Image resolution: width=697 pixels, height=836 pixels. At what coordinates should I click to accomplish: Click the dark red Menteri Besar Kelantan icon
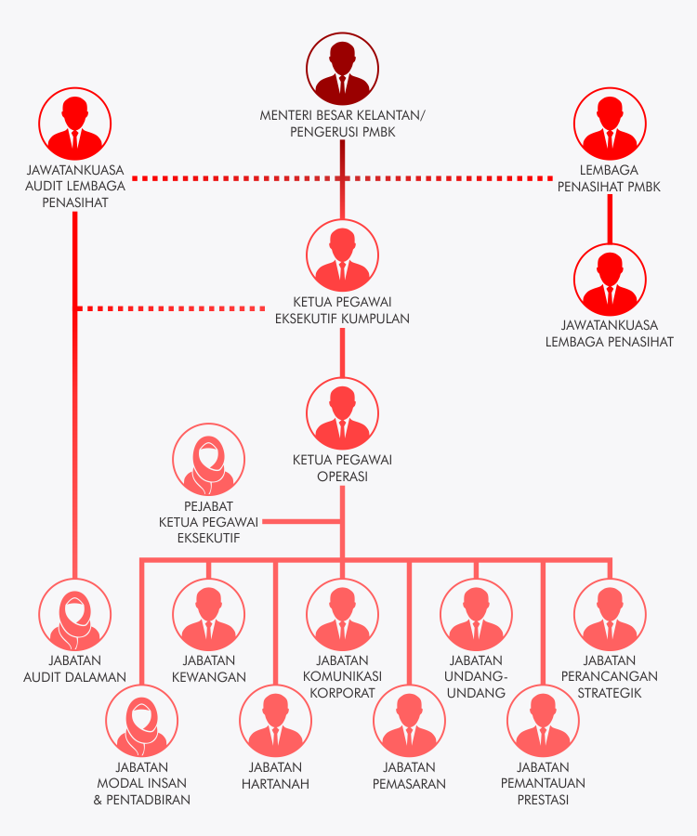tap(342, 69)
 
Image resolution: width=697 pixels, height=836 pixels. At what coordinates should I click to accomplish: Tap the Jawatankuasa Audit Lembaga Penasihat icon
tap(74, 124)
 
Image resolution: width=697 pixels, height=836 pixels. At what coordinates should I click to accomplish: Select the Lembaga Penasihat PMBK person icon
tap(610, 124)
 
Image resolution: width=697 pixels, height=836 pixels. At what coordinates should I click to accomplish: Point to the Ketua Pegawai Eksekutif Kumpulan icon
tap(342, 255)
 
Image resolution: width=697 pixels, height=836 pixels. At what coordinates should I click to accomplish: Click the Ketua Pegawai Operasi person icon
tap(342, 413)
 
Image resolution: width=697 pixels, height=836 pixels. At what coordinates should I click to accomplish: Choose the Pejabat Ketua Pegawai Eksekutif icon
tap(208, 460)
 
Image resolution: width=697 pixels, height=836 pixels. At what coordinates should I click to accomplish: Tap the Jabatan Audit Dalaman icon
tap(74, 615)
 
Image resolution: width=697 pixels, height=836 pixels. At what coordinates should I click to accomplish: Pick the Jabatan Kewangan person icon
tap(208, 615)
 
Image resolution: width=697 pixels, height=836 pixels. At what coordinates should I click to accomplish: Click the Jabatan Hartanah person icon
tap(275, 721)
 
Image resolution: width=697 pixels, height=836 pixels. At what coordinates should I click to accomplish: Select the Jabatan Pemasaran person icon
tap(409, 721)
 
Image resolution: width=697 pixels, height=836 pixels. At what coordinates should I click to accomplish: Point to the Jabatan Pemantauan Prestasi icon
tap(543, 721)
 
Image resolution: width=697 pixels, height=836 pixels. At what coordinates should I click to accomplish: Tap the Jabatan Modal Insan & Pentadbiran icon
tap(141, 721)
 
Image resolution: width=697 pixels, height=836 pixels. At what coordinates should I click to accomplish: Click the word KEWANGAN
tap(208, 677)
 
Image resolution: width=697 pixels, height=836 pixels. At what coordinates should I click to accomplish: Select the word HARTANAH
tap(275, 784)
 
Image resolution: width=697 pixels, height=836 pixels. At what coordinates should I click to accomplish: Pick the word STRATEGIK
tap(610, 693)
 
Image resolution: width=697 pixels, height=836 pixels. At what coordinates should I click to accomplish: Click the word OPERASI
tap(342, 477)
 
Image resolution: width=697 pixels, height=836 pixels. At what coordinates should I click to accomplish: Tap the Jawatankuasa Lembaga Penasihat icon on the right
tap(610, 280)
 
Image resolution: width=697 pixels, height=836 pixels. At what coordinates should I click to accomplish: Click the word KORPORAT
tap(342, 693)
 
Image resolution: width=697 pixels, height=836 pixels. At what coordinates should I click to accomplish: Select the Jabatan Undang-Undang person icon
tap(476, 615)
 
